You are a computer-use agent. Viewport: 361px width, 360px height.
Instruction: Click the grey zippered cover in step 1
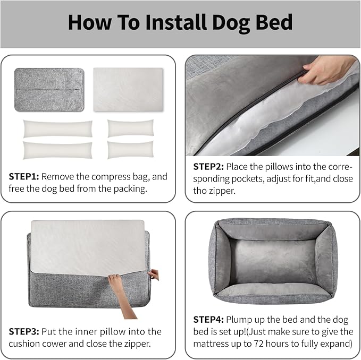coord(49,89)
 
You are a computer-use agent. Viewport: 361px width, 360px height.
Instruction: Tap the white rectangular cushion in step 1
coord(128,89)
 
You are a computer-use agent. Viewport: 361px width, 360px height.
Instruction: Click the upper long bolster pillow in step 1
coord(57,128)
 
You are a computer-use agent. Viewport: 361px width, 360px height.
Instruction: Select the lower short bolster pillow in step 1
coord(131,150)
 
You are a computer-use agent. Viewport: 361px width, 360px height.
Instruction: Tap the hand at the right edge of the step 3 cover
coord(154,275)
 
